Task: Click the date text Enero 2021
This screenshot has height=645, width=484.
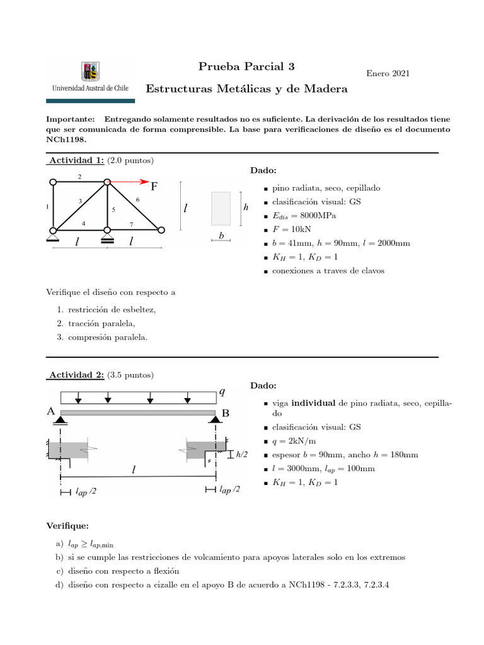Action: coord(388,74)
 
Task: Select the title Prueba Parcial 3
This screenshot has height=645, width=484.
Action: coord(246,66)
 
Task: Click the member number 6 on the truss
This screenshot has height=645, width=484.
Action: coord(137,199)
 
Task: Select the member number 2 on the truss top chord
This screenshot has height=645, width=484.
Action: coord(79,177)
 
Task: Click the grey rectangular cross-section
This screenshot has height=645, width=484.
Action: coord(221,208)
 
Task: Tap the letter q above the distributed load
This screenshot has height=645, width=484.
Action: coord(221,392)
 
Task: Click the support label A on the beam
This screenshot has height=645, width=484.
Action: coord(51,411)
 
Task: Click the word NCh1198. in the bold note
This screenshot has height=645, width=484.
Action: coord(66,139)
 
